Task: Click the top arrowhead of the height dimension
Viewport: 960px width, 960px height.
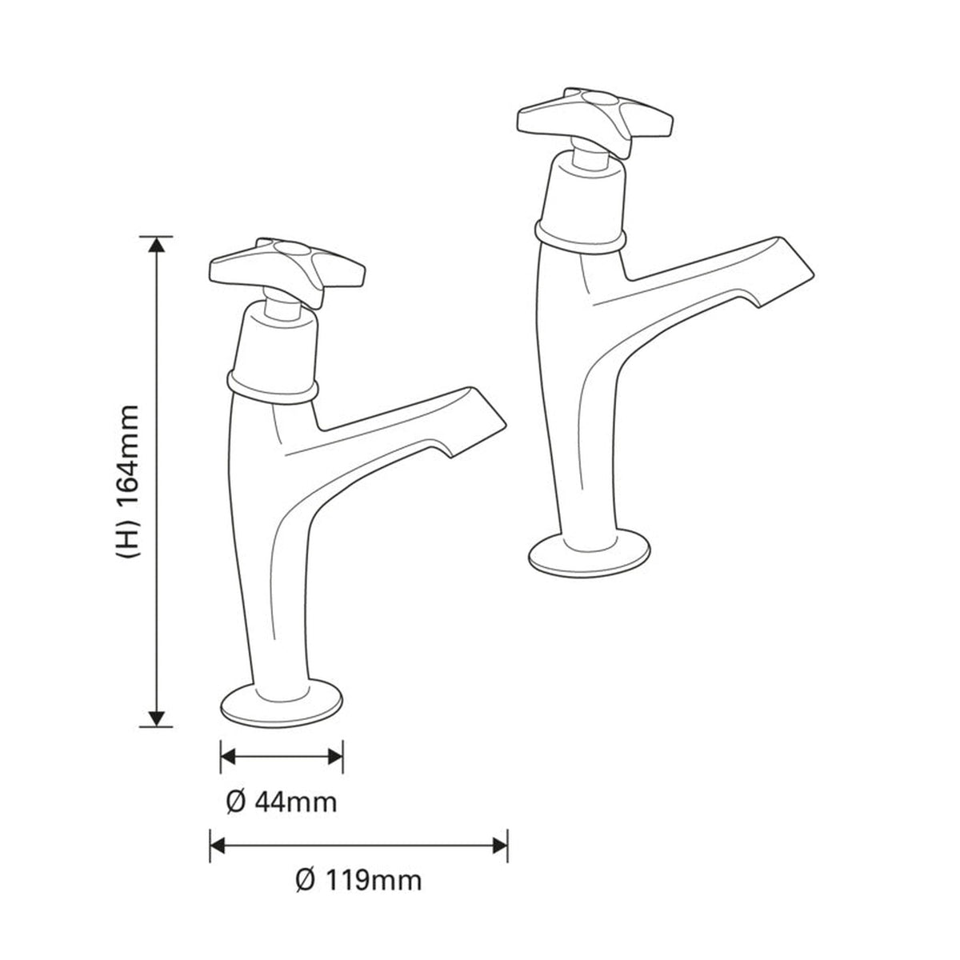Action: coord(157,246)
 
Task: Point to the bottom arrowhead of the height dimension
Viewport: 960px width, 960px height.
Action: coord(157,718)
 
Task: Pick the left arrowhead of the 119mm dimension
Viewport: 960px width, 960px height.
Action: coord(218,846)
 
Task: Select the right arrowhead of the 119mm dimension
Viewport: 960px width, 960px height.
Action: coord(500,846)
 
